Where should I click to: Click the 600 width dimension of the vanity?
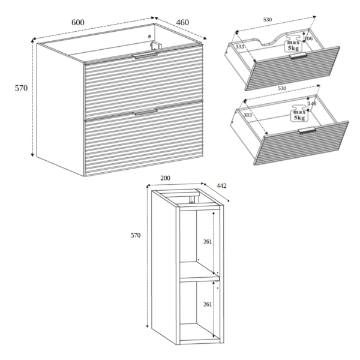[78, 23]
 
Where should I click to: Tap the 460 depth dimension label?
[182, 23]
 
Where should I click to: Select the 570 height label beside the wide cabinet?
[21, 88]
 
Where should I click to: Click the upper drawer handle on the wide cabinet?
[145, 55]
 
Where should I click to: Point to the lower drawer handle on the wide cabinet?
[146, 112]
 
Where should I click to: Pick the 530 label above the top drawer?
[268, 20]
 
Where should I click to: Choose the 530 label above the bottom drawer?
[282, 88]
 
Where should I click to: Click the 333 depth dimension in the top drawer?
[239, 47]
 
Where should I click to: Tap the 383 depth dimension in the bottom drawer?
[247, 115]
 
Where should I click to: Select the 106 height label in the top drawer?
[308, 38]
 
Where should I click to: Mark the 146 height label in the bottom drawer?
[312, 104]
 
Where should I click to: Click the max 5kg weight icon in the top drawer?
[293, 44]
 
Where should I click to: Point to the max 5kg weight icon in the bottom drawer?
[299, 113]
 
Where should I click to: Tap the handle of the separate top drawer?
[298, 56]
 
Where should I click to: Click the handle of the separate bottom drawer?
[307, 130]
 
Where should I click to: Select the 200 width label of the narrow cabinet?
[165, 178]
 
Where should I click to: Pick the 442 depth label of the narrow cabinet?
[221, 186]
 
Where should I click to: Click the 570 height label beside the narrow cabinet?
[136, 235]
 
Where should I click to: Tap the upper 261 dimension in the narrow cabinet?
[208, 242]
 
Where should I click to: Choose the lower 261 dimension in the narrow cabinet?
[208, 304]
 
